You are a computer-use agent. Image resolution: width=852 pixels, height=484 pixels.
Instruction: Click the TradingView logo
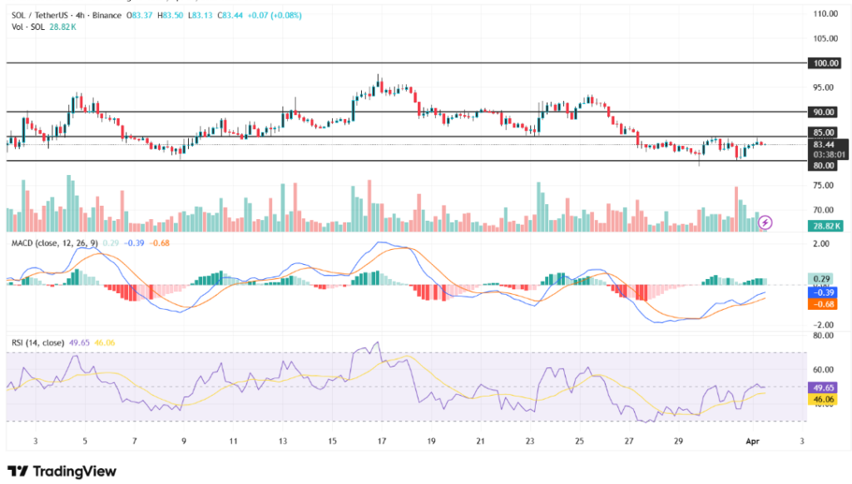[62, 472]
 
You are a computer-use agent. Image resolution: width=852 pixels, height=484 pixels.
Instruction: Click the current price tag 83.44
[825, 144]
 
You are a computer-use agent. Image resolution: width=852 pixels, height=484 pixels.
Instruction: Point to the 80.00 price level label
[824, 165]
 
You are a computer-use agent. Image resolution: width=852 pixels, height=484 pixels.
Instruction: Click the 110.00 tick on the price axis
[825, 14]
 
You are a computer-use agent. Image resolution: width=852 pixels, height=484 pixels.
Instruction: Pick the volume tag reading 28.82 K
[827, 226]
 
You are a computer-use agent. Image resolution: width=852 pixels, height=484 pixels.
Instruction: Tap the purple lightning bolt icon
[765, 222]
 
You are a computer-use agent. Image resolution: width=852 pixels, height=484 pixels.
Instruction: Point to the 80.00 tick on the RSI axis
[824, 336]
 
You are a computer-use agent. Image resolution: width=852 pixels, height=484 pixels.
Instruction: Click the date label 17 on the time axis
[381, 441]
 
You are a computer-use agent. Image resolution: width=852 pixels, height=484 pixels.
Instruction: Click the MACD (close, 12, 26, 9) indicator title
[54, 242]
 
